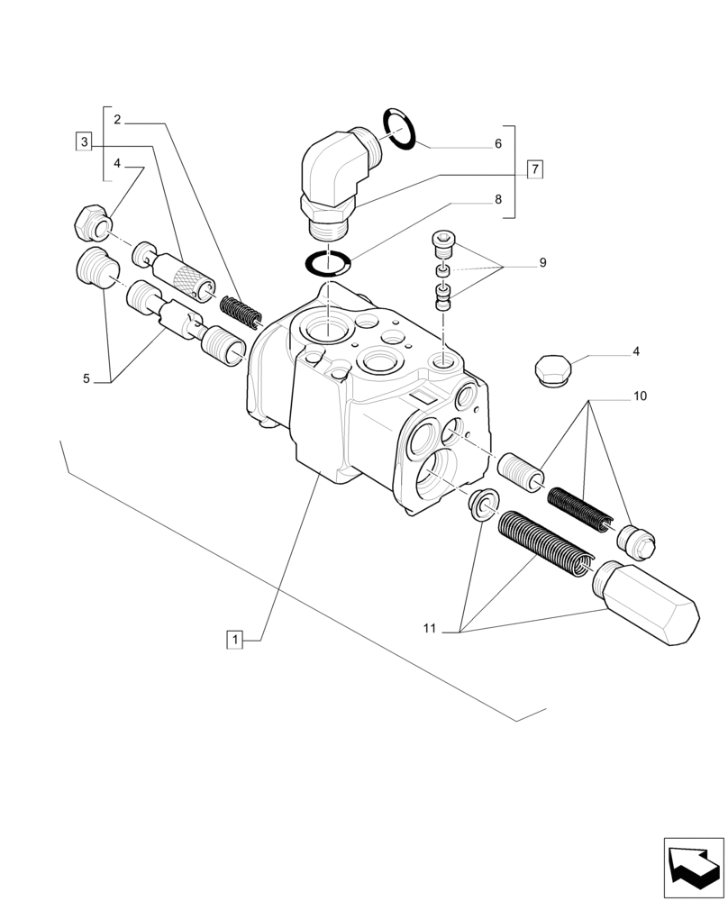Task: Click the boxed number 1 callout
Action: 234,640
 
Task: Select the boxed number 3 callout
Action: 84,141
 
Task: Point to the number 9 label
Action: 542,263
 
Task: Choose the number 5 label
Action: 86,379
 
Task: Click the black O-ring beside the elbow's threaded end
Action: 398,130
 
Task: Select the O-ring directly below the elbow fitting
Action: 328,263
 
